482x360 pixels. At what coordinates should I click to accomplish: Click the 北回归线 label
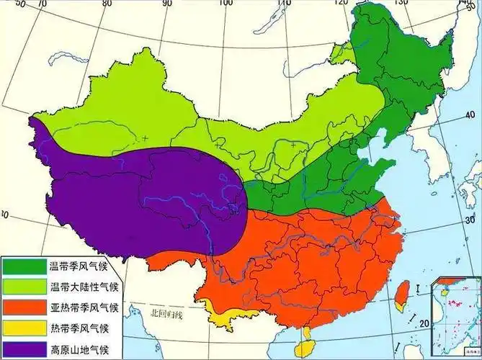167,313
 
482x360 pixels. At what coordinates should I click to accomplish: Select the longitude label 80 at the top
107,4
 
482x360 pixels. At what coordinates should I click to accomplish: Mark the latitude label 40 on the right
469,115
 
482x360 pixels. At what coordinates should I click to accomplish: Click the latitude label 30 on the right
470,219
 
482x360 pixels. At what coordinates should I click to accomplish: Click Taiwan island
398,294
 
